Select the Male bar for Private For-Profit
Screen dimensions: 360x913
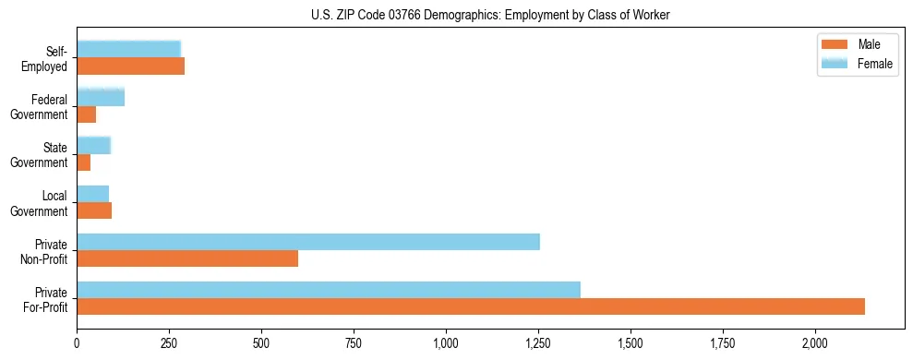tap(471, 306)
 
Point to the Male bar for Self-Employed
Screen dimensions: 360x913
tap(130, 66)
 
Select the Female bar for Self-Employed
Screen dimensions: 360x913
tap(128, 49)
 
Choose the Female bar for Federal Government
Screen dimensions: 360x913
tap(100, 97)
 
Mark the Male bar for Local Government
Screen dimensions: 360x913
tap(94, 210)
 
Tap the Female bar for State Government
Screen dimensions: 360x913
tap(93, 145)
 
